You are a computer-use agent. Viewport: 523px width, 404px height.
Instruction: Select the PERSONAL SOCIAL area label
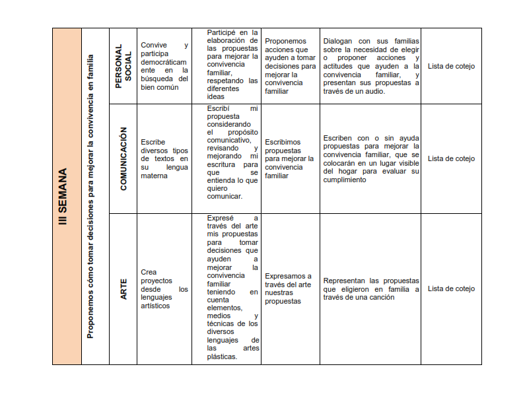[x=123, y=67]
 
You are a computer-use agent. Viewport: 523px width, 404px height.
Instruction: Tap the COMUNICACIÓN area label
[x=123, y=159]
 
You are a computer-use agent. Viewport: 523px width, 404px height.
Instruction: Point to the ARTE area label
[x=123, y=289]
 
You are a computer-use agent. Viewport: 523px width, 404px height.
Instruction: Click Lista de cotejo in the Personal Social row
[x=451, y=66]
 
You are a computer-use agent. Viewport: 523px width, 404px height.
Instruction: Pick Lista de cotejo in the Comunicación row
[x=451, y=158]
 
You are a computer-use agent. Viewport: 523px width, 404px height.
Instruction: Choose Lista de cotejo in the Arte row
[x=451, y=288]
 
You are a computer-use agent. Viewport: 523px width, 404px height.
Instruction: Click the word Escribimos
[x=283, y=142]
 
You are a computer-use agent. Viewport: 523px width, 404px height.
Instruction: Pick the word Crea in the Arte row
[x=149, y=272]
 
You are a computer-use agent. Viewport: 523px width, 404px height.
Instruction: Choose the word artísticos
[x=156, y=306]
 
